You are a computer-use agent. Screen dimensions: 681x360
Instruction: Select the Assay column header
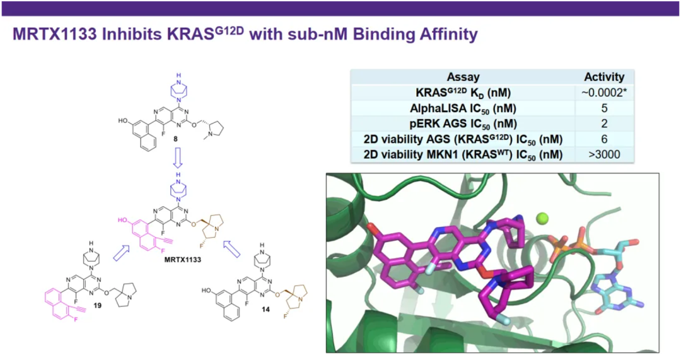[x=463, y=78]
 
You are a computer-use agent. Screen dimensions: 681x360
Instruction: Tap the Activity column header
[x=604, y=77]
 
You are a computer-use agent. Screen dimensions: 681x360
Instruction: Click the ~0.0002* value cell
[x=604, y=93]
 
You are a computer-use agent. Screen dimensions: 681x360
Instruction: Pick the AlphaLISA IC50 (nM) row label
[x=463, y=108]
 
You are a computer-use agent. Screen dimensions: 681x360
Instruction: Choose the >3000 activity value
[x=604, y=154]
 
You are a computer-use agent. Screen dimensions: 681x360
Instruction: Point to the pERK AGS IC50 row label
[x=463, y=124]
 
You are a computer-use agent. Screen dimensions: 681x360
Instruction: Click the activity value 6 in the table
[x=604, y=139]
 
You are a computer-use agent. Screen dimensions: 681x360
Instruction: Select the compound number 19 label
[x=97, y=305]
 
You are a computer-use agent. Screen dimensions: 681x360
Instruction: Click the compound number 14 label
[x=266, y=309]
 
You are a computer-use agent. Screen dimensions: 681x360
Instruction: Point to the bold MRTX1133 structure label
[x=182, y=260]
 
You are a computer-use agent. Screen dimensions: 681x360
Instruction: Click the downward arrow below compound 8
[x=177, y=158]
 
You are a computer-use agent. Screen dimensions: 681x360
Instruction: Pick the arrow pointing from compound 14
[x=231, y=249]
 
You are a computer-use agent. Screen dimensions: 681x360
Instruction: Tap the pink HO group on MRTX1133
[x=122, y=220]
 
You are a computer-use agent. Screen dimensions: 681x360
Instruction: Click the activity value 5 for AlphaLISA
[x=604, y=108]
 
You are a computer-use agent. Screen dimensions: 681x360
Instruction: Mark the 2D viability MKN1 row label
[x=463, y=154]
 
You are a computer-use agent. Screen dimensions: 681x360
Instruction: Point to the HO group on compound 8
[x=123, y=120]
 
